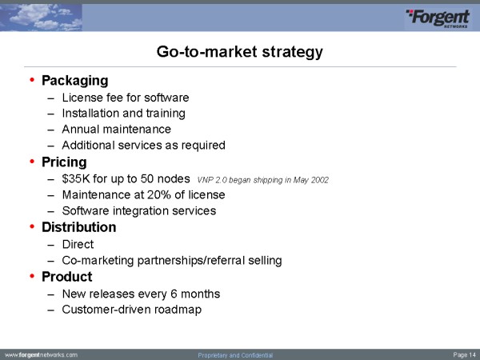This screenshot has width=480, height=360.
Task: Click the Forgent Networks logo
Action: point(438,18)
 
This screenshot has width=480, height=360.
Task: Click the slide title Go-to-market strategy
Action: point(240,51)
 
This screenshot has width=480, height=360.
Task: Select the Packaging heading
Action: point(75,81)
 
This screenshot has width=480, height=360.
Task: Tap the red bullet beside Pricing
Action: point(32,162)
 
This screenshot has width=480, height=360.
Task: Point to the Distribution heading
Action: point(79,227)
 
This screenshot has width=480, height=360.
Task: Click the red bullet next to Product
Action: point(32,276)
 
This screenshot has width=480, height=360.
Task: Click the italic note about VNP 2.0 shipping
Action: point(263,180)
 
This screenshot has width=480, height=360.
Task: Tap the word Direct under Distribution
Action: point(78,244)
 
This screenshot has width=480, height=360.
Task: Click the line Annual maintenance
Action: point(116,129)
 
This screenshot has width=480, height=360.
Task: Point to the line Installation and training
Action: point(124,114)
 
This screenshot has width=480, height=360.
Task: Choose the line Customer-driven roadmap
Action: point(132,310)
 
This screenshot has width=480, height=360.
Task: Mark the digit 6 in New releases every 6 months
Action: point(174,294)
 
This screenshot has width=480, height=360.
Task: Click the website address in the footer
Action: point(42,355)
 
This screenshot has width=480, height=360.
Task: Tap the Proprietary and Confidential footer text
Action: point(235,355)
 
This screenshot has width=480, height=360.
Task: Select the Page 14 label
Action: point(464,355)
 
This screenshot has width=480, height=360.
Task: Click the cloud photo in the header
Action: point(41,18)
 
